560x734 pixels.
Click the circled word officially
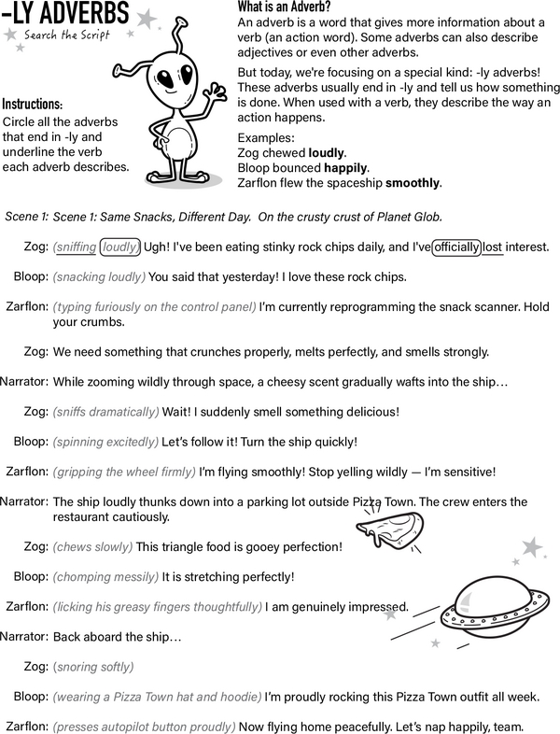pos(456,247)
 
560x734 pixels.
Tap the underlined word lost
pos(493,247)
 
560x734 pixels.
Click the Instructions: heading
pos(33,104)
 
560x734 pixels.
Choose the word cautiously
pos(144,516)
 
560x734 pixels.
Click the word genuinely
pos(318,606)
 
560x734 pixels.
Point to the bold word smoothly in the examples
pos(412,183)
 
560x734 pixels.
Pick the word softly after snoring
pos(115,667)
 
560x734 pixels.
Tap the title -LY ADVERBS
pos(65,13)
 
